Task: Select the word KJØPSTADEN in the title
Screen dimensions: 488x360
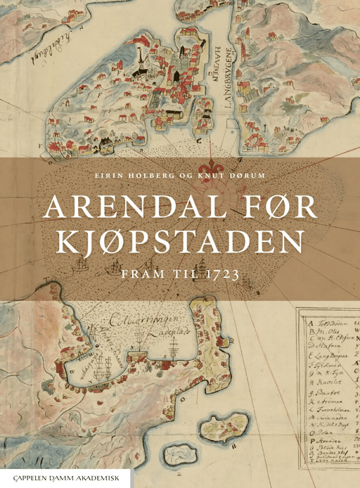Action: [x=180, y=243]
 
